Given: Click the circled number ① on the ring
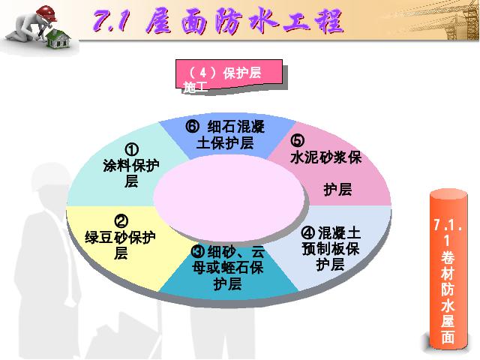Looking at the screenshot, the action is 132,150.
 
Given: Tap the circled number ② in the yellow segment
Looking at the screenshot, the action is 121,221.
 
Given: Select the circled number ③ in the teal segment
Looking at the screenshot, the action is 198,252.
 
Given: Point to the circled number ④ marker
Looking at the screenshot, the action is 308,233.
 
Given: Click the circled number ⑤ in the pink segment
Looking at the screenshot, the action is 298,140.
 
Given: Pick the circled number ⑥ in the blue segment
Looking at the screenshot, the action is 193,127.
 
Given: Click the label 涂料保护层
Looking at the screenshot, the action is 131,173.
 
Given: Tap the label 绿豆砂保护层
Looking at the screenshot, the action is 121,245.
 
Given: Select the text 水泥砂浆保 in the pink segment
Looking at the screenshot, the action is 326,157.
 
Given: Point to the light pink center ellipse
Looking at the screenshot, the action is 229,198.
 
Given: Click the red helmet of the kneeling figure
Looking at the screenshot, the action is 46,13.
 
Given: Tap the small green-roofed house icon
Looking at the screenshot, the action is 58,39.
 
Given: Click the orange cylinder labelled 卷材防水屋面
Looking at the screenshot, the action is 448,270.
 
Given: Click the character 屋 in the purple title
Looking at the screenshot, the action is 159,21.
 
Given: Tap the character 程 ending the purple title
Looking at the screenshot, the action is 328,21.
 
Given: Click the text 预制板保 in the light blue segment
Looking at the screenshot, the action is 331,249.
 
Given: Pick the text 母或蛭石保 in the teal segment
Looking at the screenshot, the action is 228,268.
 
